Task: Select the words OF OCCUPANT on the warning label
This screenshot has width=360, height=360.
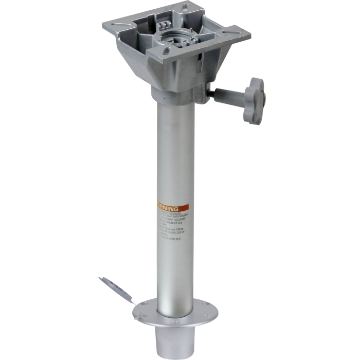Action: point(178,218)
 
